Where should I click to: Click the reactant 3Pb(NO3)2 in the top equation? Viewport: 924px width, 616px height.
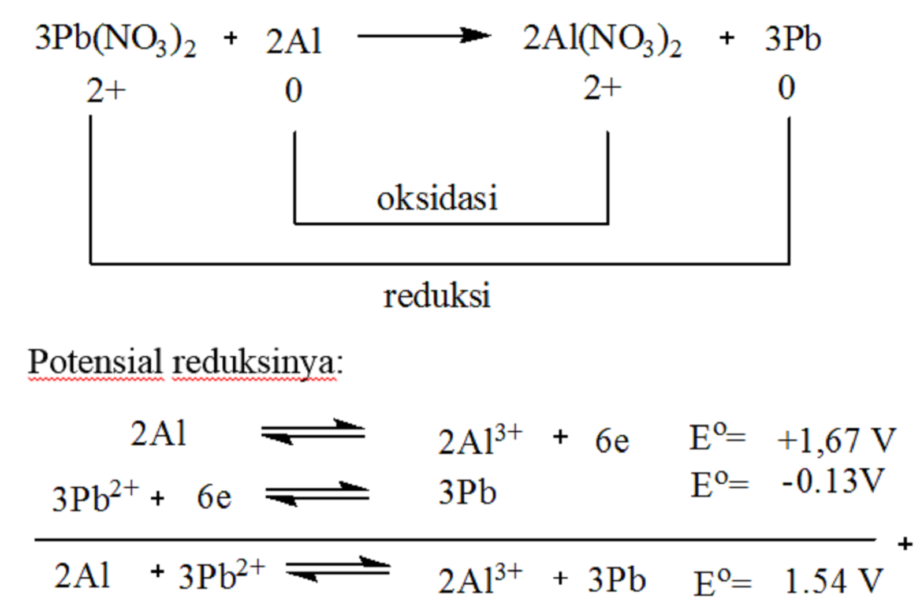tap(116, 41)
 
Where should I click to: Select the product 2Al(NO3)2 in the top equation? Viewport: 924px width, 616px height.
tap(602, 41)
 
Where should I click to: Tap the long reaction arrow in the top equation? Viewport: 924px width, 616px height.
tap(424, 36)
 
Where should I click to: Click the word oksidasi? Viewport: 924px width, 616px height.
tap(437, 198)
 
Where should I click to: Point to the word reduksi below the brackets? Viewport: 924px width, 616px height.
tap(437, 295)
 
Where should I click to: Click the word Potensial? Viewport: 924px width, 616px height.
tap(95, 361)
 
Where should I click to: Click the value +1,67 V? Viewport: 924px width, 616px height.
tap(837, 440)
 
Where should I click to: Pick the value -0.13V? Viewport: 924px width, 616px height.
tap(832, 481)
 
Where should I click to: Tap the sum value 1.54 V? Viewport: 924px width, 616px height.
tap(833, 581)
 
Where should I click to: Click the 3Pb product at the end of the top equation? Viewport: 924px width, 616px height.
tap(793, 39)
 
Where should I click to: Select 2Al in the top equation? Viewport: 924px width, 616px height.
tap(294, 41)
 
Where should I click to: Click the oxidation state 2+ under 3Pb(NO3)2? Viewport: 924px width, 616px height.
tap(106, 90)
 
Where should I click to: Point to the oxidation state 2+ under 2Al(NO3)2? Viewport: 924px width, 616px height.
tap(602, 88)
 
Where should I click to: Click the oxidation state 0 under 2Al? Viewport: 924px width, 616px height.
tap(293, 90)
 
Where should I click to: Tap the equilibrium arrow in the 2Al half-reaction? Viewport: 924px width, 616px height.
tap(313, 432)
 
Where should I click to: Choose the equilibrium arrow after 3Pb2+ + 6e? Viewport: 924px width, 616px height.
tap(317, 494)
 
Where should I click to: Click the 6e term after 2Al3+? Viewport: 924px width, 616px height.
tap(612, 440)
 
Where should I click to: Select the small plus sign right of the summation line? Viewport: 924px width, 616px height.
tap(905, 544)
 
